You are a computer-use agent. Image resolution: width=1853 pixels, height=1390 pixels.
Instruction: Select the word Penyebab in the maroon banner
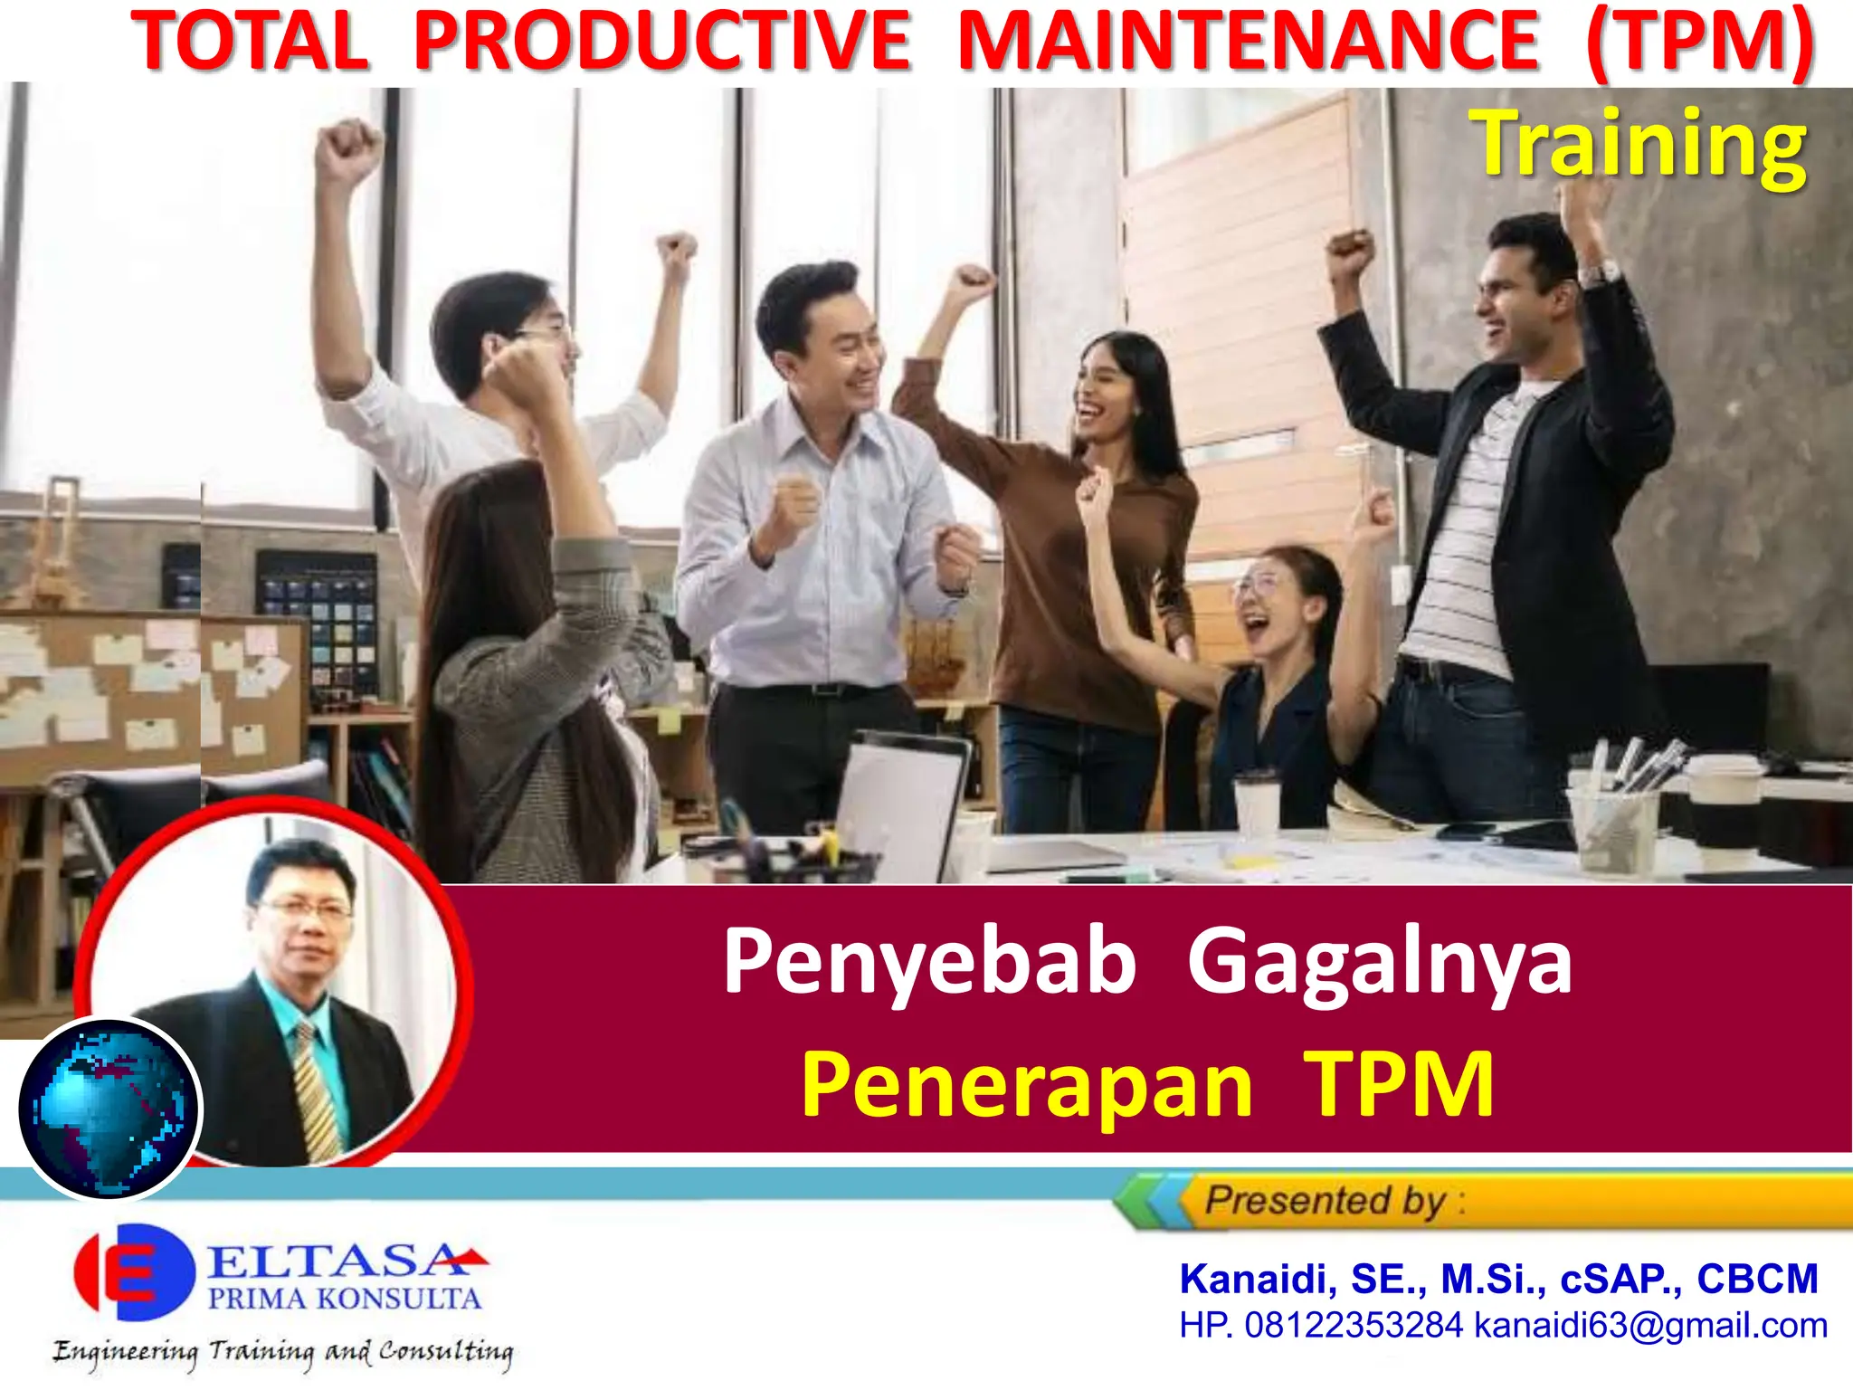click(x=929, y=961)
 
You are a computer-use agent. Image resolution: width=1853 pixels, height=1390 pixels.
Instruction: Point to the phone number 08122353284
click(x=1354, y=1326)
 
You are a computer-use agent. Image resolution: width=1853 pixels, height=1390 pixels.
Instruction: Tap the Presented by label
click(x=1326, y=1201)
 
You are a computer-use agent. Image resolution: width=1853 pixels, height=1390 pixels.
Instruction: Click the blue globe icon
click(x=109, y=1109)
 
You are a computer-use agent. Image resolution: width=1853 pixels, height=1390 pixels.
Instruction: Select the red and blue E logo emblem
click(x=134, y=1271)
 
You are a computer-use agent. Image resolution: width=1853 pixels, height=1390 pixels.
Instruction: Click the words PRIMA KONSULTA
click(x=345, y=1299)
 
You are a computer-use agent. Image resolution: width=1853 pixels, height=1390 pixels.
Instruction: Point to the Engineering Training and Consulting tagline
click(x=282, y=1352)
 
